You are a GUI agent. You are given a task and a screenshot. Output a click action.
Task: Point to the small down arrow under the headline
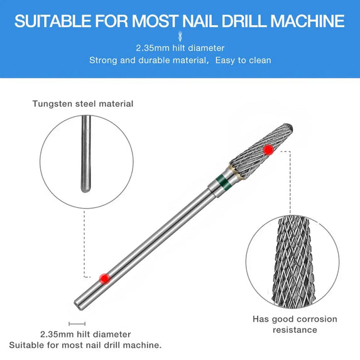(180, 36)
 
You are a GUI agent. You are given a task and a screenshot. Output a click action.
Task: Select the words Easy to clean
(243, 60)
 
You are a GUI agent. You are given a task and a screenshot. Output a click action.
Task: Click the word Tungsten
(52, 104)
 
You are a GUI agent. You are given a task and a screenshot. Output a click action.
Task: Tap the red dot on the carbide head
(269, 149)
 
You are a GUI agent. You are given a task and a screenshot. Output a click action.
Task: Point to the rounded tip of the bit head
(293, 130)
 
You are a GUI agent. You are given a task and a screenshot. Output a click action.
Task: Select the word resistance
(295, 330)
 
